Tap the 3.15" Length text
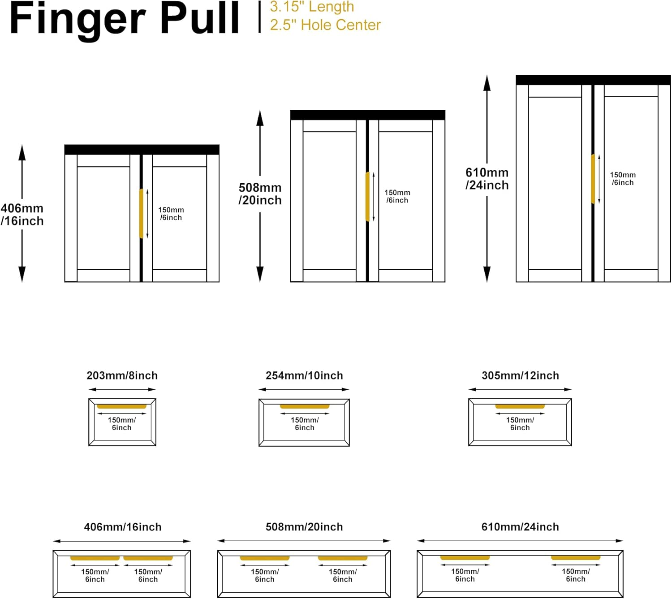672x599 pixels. (312, 7)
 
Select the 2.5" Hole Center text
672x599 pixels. (325, 25)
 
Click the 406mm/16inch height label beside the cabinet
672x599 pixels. (22, 214)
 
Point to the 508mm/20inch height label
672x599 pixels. (260, 194)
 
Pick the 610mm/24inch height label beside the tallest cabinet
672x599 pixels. (487, 178)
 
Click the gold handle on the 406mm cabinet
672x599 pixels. (141, 214)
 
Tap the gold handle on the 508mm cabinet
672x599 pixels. (367, 196)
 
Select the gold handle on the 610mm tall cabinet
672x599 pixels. (593, 179)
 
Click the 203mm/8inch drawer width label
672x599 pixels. (122, 375)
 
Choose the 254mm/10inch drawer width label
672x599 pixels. (304, 375)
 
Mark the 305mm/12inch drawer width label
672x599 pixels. (520, 375)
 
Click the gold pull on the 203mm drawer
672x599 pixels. (122, 406)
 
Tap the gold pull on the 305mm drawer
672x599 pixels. (520, 406)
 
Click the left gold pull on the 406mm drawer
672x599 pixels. (95, 558)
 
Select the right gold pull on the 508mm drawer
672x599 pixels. (343, 558)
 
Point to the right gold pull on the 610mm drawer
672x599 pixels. (576, 558)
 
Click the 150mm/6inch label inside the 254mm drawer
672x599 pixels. (305, 424)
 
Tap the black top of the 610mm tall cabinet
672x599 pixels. (593, 80)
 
